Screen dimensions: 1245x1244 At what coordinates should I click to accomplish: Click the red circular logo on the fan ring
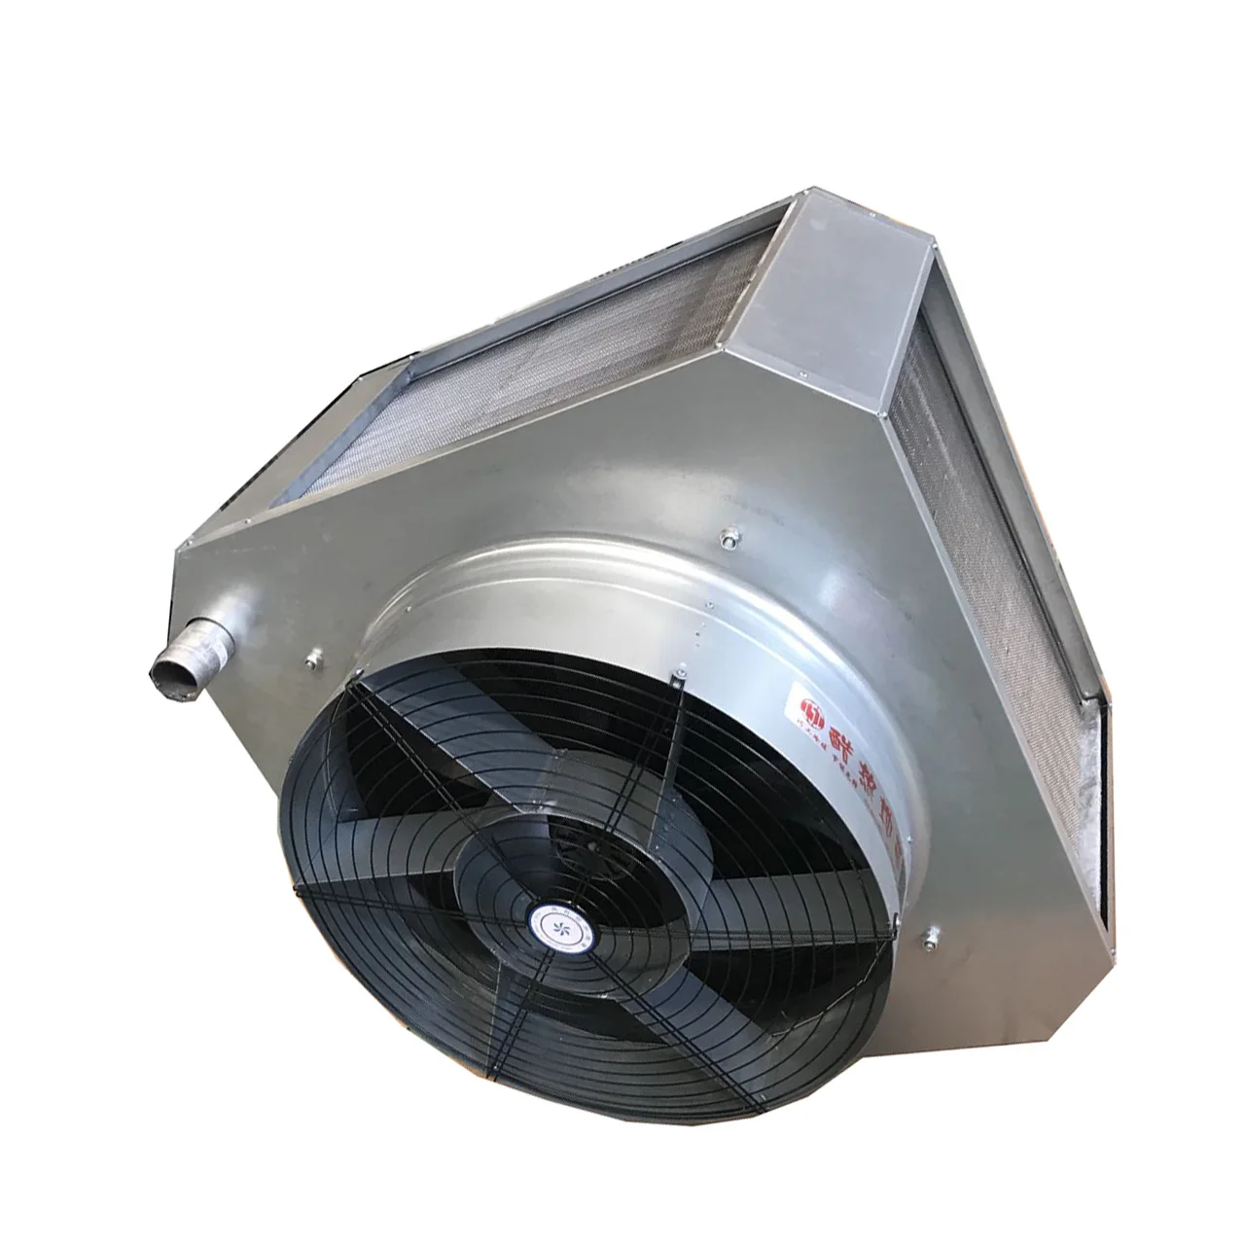coord(806,703)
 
